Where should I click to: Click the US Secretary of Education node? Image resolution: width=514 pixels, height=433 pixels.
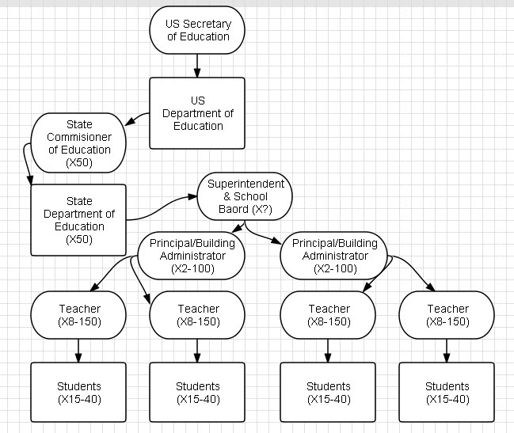197,30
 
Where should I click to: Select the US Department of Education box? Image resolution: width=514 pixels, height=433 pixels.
197,112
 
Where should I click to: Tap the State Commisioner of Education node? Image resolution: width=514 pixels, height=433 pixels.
78,142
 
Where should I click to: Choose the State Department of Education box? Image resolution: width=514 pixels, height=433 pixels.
78,220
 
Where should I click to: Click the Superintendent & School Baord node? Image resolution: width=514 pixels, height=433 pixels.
245,197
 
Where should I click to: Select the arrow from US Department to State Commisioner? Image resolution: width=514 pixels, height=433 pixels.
139,119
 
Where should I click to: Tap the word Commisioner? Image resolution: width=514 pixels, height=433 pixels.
79,137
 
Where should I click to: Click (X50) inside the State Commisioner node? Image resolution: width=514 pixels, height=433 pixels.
78,161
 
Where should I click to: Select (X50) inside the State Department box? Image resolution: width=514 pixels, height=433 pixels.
78,239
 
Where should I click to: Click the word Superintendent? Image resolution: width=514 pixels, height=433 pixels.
245,184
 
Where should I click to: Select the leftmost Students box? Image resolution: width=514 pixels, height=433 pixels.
78,392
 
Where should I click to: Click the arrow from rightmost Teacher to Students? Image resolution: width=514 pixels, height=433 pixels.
447,349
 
